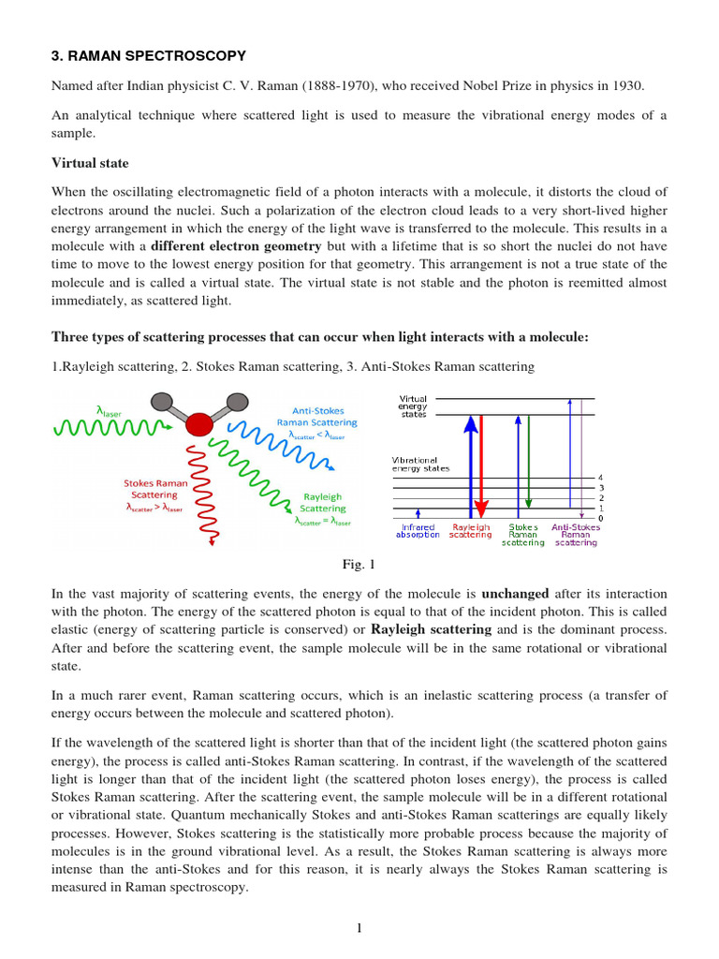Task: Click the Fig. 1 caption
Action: [359, 565]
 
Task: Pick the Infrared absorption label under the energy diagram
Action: [418, 530]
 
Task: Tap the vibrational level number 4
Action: [600, 478]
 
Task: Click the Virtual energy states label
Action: [413, 406]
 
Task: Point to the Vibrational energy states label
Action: [420, 465]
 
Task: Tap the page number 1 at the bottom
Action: [359, 927]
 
